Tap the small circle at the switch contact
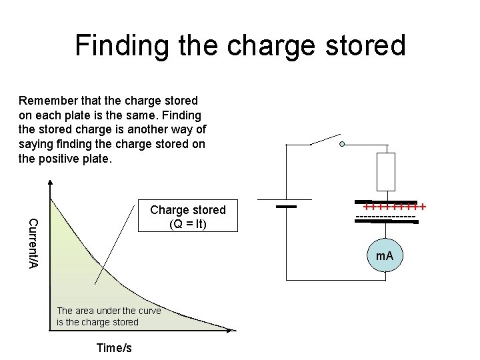click(x=343, y=144)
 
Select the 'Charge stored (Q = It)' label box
click(x=188, y=217)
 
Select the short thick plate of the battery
click(x=286, y=207)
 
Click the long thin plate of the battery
click(x=286, y=199)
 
